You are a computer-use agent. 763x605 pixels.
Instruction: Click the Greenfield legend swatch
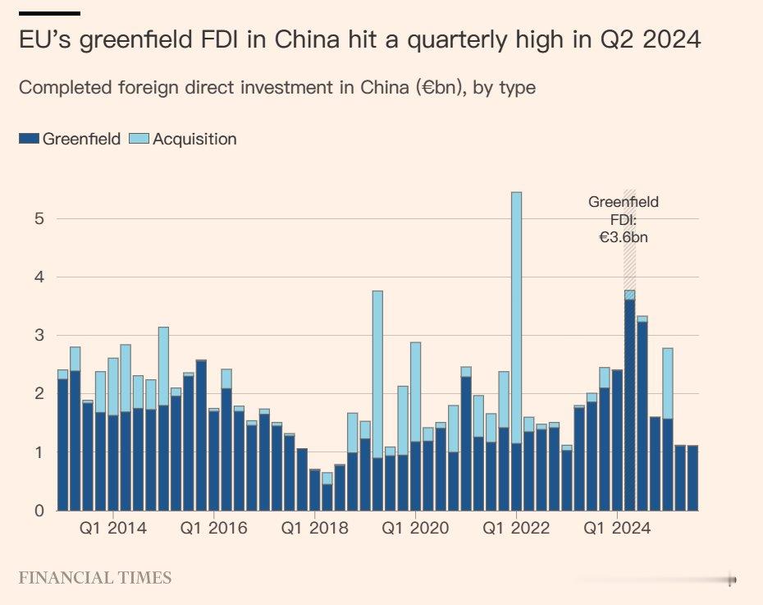point(29,140)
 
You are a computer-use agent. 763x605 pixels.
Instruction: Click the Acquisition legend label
point(194,140)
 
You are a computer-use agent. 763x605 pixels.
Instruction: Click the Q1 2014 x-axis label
point(113,529)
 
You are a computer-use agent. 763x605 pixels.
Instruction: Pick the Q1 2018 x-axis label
point(314,529)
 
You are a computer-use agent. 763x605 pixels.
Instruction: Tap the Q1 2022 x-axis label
point(516,529)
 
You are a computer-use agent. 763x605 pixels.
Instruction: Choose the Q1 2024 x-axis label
point(617,529)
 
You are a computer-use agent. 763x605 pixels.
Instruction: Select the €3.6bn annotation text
point(624,236)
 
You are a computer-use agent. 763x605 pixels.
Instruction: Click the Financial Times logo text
point(95,578)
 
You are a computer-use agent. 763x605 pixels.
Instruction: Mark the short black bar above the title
point(49,14)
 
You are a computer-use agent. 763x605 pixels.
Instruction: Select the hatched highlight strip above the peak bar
point(629,238)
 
